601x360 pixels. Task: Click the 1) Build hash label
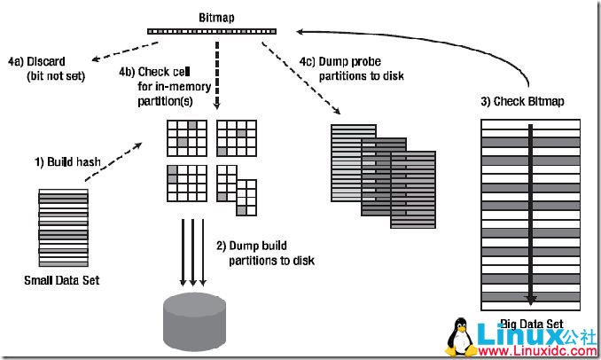(64, 162)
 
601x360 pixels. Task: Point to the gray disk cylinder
(195, 317)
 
